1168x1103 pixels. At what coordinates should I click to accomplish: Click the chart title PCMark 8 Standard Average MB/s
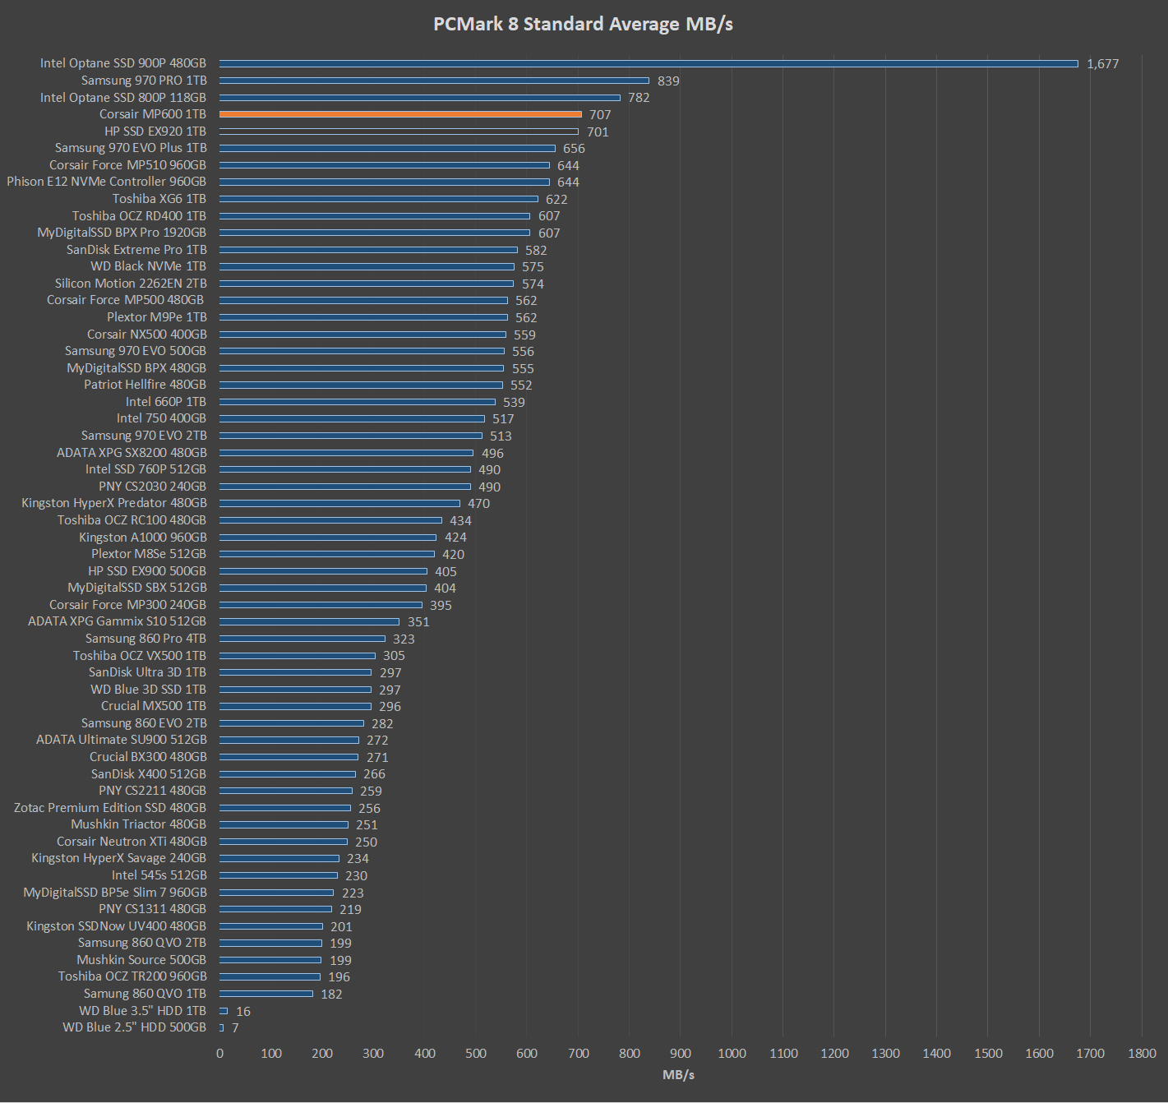(583, 24)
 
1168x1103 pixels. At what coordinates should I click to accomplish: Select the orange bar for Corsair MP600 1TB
(400, 114)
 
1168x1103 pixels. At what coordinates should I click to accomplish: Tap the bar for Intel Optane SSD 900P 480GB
(649, 63)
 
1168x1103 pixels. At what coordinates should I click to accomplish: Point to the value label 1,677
(1102, 64)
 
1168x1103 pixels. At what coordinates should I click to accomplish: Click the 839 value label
(668, 81)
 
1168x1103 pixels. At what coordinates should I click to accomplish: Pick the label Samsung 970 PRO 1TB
(144, 81)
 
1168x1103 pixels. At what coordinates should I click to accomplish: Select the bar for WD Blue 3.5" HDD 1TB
(224, 1011)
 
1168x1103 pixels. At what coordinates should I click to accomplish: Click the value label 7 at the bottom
(235, 1028)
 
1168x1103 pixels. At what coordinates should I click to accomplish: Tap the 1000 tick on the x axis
(732, 1054)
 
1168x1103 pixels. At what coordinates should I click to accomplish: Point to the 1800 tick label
(1142, 1054)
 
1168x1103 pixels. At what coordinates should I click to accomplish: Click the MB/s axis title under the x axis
(679, 1075)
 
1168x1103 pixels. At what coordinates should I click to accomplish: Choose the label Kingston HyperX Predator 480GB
(114, 503)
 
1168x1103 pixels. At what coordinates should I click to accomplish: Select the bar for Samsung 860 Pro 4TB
(302, 639)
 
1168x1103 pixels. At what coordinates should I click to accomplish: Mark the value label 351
(418, 622)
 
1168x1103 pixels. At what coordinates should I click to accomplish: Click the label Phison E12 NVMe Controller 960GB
(107, 182)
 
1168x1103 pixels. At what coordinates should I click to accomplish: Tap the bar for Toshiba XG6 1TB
(378, 199)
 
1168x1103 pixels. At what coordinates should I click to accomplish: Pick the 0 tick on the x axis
(219, 1054)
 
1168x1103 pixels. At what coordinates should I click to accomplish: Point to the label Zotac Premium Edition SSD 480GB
(110, 808)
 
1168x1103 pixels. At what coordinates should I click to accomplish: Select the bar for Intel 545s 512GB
(279, 875)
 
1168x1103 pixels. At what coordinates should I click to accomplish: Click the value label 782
(639, 98)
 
